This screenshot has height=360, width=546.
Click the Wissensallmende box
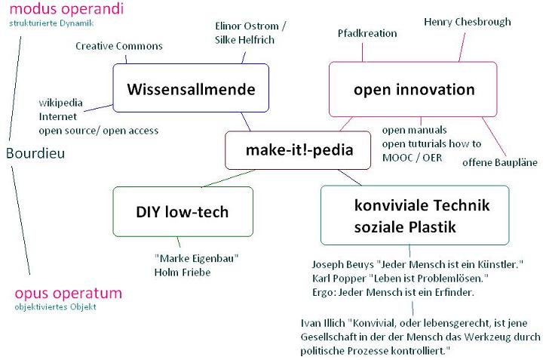[x=191, y=88]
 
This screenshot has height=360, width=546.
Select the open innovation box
[x=413, y=89]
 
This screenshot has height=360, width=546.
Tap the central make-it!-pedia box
[x=298, y=150]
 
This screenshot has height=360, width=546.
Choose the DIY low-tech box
[x=183, y=211]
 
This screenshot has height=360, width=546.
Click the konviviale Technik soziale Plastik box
[x=415, y=215]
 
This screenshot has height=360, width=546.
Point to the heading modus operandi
[x=66, y=9]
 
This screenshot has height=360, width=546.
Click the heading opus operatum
[x=68, y=294]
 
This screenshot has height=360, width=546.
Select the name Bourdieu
[x=35, y=153]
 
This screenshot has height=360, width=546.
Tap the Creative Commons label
[x=119, y=46]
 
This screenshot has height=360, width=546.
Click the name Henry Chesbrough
[x=468, y=22]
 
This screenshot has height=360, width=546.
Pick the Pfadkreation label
[x=367, y=33]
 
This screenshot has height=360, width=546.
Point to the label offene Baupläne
[x=500, y=162]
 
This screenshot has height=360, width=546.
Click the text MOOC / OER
[x=412, y=158]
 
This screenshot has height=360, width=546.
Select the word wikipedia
[x=60, y=103]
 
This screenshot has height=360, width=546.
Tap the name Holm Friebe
[x=183, y=272]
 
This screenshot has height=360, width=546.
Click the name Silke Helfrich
[x=244, y=40]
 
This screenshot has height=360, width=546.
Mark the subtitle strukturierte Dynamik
[x=51, y=23]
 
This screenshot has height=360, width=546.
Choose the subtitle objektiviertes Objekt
[x=55, y=307]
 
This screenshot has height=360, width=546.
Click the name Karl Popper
[x=339, y=278]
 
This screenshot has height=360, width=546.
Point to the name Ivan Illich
[x=323, y=323]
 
